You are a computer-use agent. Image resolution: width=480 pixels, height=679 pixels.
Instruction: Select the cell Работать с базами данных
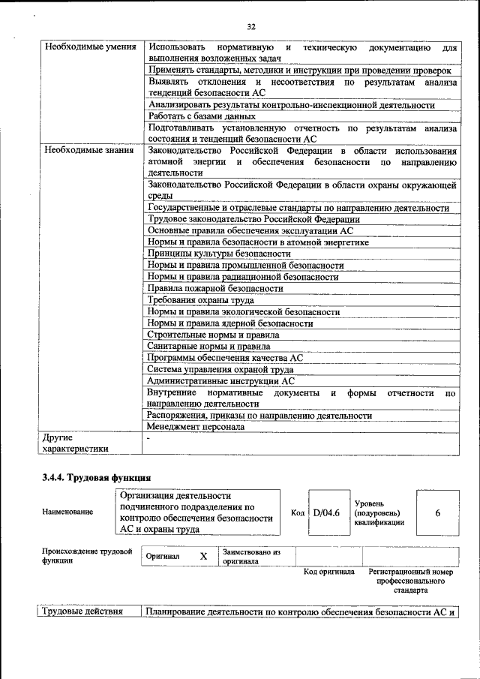click(202, 116)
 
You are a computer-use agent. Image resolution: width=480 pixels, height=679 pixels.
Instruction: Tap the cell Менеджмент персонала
click(196, 427)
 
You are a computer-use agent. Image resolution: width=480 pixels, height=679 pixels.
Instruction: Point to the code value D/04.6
click(326, 512)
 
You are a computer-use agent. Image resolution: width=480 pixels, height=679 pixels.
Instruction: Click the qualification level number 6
click(437, 512)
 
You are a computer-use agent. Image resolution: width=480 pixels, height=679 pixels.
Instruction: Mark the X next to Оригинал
click(202, 557)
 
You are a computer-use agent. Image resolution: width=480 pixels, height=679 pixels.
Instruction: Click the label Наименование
click(68, 512)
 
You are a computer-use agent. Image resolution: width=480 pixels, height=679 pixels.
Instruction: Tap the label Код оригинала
click(328, 572)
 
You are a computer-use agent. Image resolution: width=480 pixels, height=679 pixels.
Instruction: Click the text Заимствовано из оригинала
click(251, 556)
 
